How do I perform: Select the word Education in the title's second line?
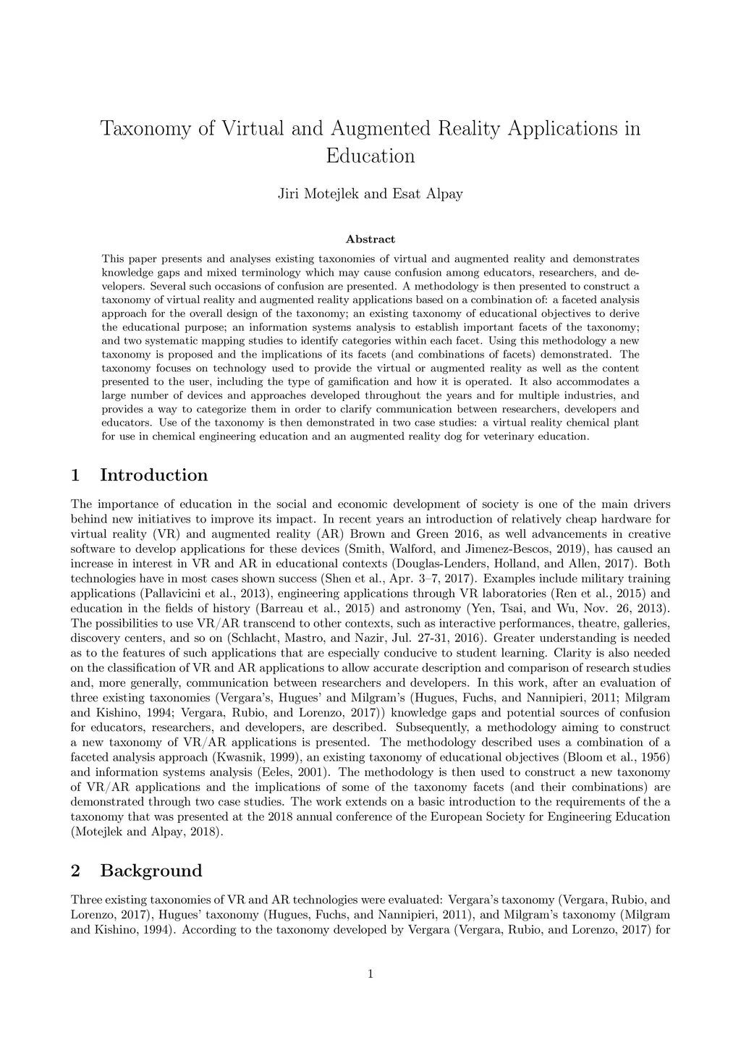pos(370,156)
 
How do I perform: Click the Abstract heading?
pos(370,239)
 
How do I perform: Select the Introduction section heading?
pos(153,476)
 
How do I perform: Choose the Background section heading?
pos(151,871)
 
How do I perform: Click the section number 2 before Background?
pos(75,871)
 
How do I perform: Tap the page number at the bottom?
pos(370,974)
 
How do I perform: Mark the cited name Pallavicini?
pos(157,593)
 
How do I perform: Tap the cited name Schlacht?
pos(257,638)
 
